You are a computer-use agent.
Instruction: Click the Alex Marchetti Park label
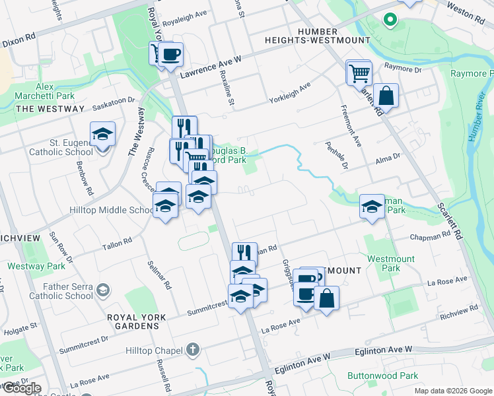[x=44, y=91]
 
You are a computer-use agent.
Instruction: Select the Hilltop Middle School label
[x=112, y=211]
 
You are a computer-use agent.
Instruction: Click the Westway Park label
[x=36, y=266]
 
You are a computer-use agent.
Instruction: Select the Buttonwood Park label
[x=382, y=376]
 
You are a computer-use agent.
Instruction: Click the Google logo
[x=21, y=388]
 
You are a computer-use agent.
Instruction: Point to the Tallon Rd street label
[x=117, y=244]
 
